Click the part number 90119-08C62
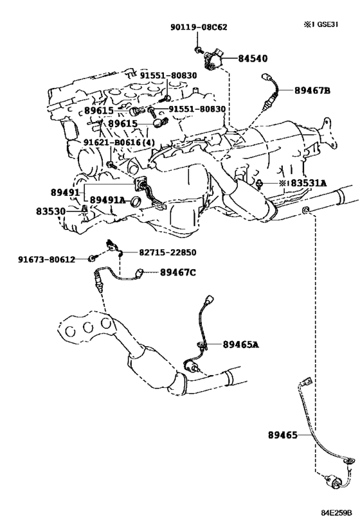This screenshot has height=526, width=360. (199, 26)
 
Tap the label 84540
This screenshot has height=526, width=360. (253, 58)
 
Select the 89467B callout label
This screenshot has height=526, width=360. (312, 91)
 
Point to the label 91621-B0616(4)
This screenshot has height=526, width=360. (119, 143)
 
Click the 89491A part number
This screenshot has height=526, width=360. (107, 200)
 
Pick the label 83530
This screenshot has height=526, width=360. (51, 211)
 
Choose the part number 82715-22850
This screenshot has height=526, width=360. (168, 252)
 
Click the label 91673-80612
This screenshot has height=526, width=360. (47, 259)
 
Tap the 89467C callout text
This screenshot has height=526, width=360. (177, 272)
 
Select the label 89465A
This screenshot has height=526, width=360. (241, 344)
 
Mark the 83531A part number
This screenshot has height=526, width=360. (309, 183)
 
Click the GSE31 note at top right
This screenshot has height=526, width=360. (321, 25)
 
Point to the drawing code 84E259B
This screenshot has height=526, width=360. (336, 513)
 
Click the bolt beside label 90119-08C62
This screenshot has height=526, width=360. (198, 51)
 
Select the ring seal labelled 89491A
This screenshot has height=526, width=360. (136, 202)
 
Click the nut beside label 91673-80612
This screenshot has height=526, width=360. (91, 258)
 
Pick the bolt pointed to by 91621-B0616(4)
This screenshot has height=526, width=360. (111, 164)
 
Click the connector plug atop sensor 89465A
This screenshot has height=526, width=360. (210, 299)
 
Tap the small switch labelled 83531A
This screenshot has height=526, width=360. (260, 184)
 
